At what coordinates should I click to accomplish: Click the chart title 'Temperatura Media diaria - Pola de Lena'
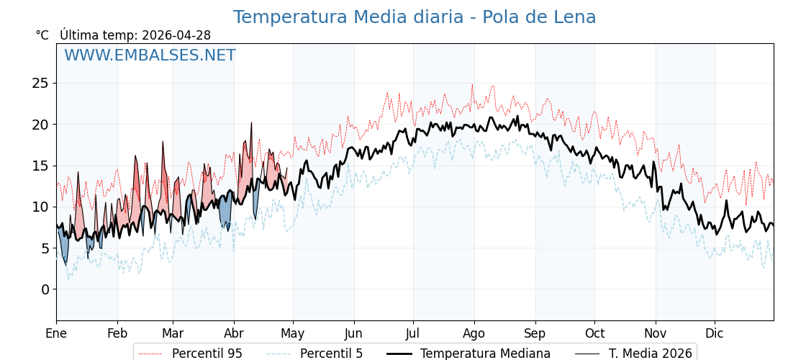(415, 17)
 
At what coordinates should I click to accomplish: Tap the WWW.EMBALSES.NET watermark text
(150, 55)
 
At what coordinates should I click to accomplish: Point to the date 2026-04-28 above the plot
(176, 35)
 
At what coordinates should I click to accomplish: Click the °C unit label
(42, 35)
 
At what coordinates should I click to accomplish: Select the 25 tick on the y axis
(41, 84)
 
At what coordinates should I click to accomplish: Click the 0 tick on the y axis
(45, 289)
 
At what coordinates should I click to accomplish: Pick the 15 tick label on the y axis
(41, 166)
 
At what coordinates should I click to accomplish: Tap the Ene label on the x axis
(56, 333)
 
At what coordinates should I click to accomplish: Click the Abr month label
(234, 333)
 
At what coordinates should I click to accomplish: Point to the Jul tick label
(413, 333)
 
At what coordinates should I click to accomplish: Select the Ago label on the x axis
(474, 333)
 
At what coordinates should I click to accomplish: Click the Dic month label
(715, 333)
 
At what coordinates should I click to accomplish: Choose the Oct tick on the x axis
(594, 333)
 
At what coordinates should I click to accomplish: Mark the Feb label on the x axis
(117, 333)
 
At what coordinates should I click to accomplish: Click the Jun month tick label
(354, 333)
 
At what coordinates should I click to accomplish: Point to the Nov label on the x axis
(656, 333)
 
